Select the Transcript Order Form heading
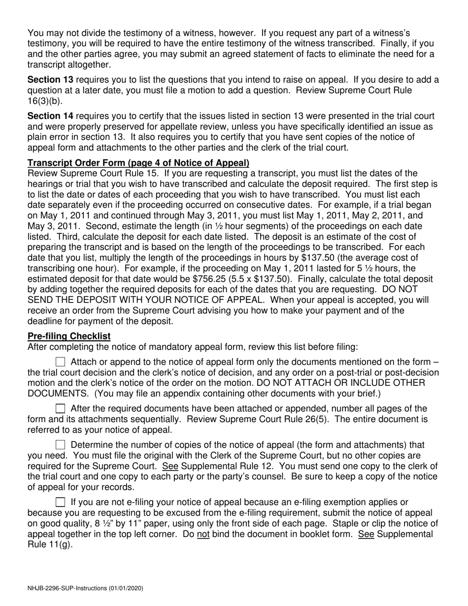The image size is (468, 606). tap(138, 163)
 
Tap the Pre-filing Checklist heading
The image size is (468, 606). tap(69, 336)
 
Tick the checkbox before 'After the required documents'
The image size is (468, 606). tap(61, 408)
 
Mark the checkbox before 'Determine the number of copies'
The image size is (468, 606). tap(61, 445)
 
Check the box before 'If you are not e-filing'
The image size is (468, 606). tap(61, 503)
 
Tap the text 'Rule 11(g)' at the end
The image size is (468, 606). tap(51, 545)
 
